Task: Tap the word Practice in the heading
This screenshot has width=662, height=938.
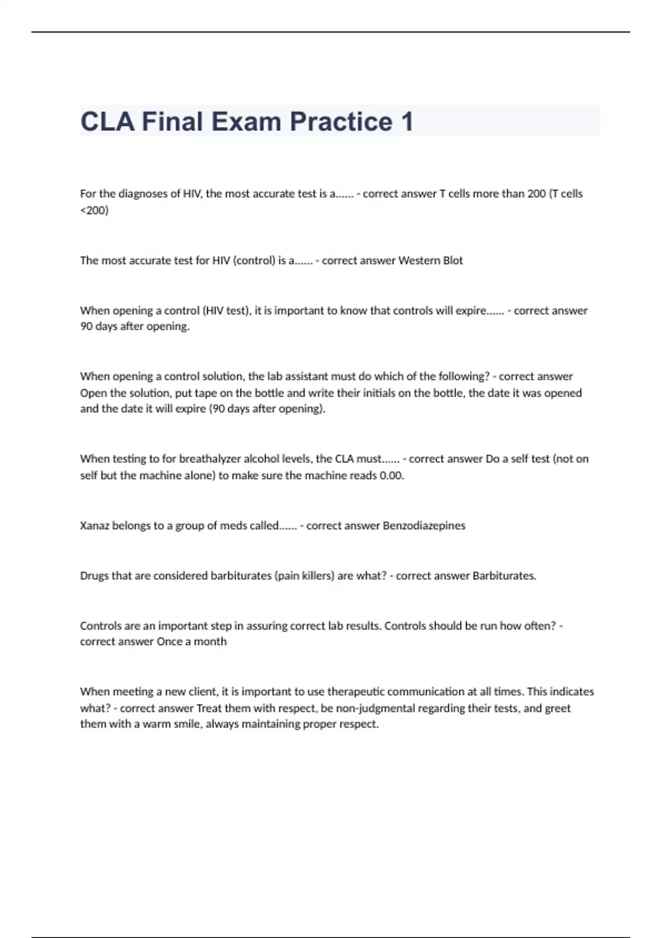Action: click(341, 121)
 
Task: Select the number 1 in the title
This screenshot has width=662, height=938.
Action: click(407, 121)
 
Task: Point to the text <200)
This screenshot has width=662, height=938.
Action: click(94, 210)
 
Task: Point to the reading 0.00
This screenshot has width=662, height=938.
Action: click(392, 476)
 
